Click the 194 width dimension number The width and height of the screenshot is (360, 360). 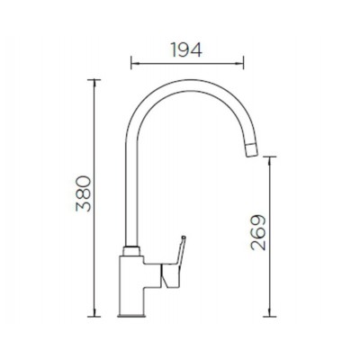[x=186, y=49]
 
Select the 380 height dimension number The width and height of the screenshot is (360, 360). [x=84, y=193]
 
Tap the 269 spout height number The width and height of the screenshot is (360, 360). [x=258, y=232]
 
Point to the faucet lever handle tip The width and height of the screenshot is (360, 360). [x=184, y=238]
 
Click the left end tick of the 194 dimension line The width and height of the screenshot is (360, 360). [x=131, y=63]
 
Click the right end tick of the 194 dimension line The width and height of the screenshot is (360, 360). [x=243, y=63]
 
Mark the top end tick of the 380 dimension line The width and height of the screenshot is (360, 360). [x=94, y=79]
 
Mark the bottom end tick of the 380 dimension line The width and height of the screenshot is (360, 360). [x=94, y=316]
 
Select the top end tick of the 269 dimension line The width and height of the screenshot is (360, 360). [x=269, y=157]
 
